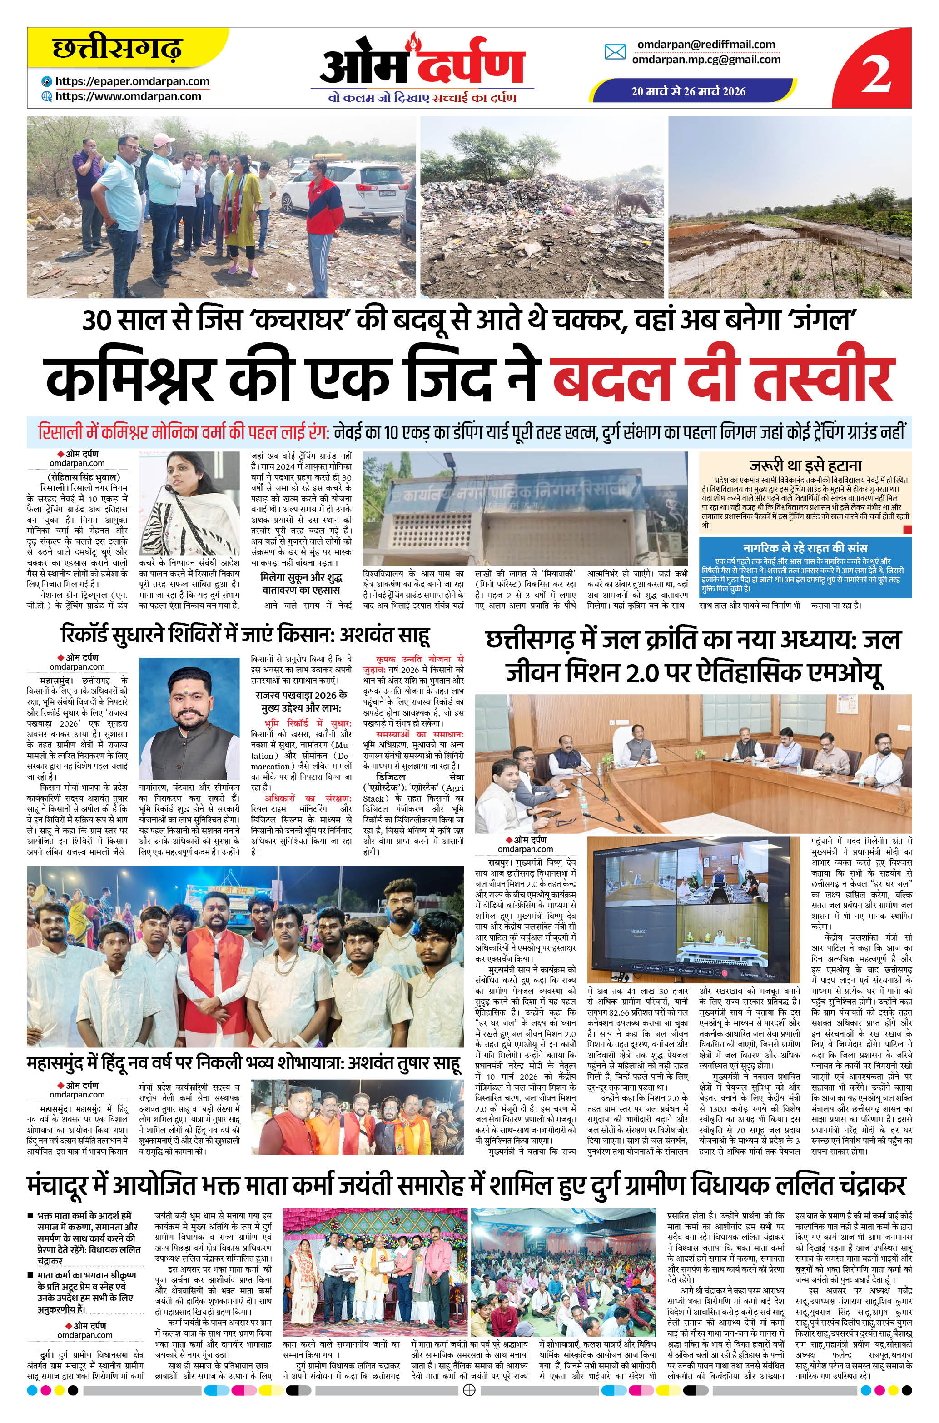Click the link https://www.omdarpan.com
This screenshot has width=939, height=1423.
point(128,96)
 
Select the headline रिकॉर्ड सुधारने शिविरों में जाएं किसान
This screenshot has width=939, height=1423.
point(245,636)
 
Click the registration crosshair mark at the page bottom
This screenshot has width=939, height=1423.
point(470,1406)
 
